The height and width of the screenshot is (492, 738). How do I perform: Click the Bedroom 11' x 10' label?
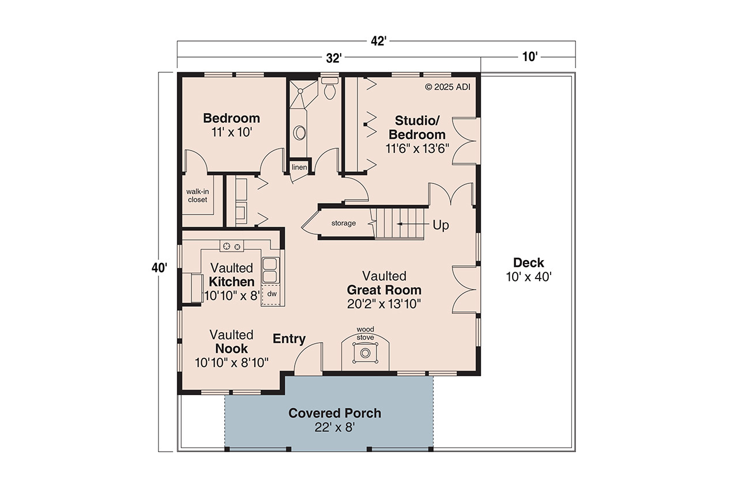pyautogui.click(x=231, y=125)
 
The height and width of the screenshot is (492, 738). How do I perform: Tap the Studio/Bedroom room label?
pyautogui.click(x=417, y=134)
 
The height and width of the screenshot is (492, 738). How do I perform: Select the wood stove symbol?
pyautogui.click(x=365, y=352)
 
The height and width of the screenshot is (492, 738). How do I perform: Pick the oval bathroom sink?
pyautogui.click(x=300, y=133)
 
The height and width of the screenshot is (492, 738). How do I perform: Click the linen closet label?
pyautogui.click(x=299, y=168)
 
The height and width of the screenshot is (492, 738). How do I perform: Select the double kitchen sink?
pyautogui.click(x=270, y=269)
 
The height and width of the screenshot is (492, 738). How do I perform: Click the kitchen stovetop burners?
pyautogui.click(x=231, y=246)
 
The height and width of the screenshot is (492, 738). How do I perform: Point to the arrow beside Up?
pyautogui.click(x=411, y=224)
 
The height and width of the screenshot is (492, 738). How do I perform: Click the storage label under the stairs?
pyautogui.click(x=343, y=223)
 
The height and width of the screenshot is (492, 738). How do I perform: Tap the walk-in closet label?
pyautogui.click(x=197, y=196)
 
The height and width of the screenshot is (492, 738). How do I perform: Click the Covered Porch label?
pyautogui.click(x=334, y=419)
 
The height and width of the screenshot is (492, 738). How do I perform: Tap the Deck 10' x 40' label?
pyautogui.click(x=529, y=269)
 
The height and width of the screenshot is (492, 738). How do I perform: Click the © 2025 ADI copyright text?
pyautogui.click(x=448, y=87)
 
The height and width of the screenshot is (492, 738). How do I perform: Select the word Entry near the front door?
pyautogui.click(x=289, y=339)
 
